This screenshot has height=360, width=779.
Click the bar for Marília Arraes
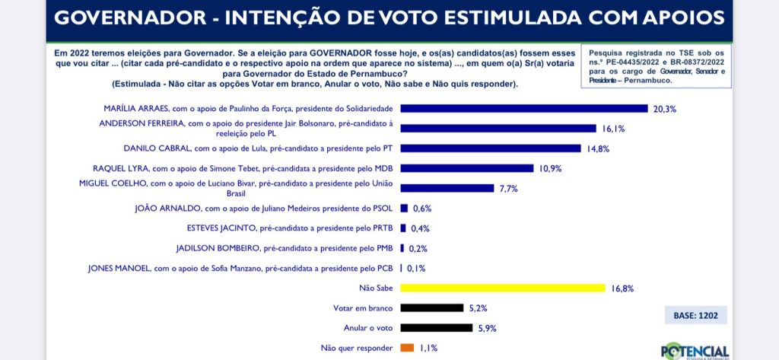523,108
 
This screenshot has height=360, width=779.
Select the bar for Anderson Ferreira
498,129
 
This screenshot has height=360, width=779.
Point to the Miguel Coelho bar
447,188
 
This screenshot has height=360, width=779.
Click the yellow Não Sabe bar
502,288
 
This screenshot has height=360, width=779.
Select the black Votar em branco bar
431,307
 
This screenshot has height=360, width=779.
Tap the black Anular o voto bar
436,328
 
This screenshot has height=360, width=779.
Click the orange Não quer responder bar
407,348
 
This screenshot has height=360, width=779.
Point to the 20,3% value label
664,109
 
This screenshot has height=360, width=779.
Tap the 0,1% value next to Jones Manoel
416,269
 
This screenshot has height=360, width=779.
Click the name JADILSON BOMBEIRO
206,248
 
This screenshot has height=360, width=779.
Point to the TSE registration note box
656,65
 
